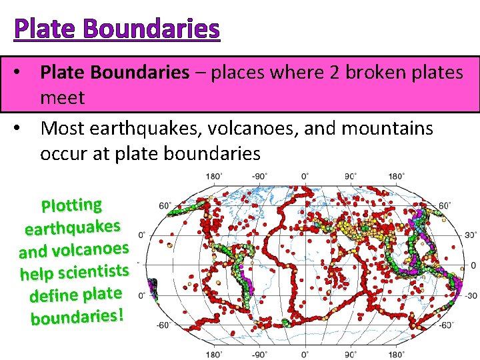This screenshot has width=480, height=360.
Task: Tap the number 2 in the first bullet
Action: pos(337,72)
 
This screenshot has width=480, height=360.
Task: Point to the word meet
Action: pos(62,98)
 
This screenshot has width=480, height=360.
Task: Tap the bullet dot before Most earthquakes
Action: pos(22,127)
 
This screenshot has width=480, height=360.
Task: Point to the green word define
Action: pos(53,295)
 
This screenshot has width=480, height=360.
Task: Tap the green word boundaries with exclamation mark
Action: pos(77,316)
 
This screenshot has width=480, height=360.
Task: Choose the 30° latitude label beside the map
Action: pos(470,235)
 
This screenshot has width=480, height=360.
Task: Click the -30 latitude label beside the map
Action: pos(469,295)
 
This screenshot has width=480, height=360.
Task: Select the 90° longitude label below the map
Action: pos(349,354)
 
